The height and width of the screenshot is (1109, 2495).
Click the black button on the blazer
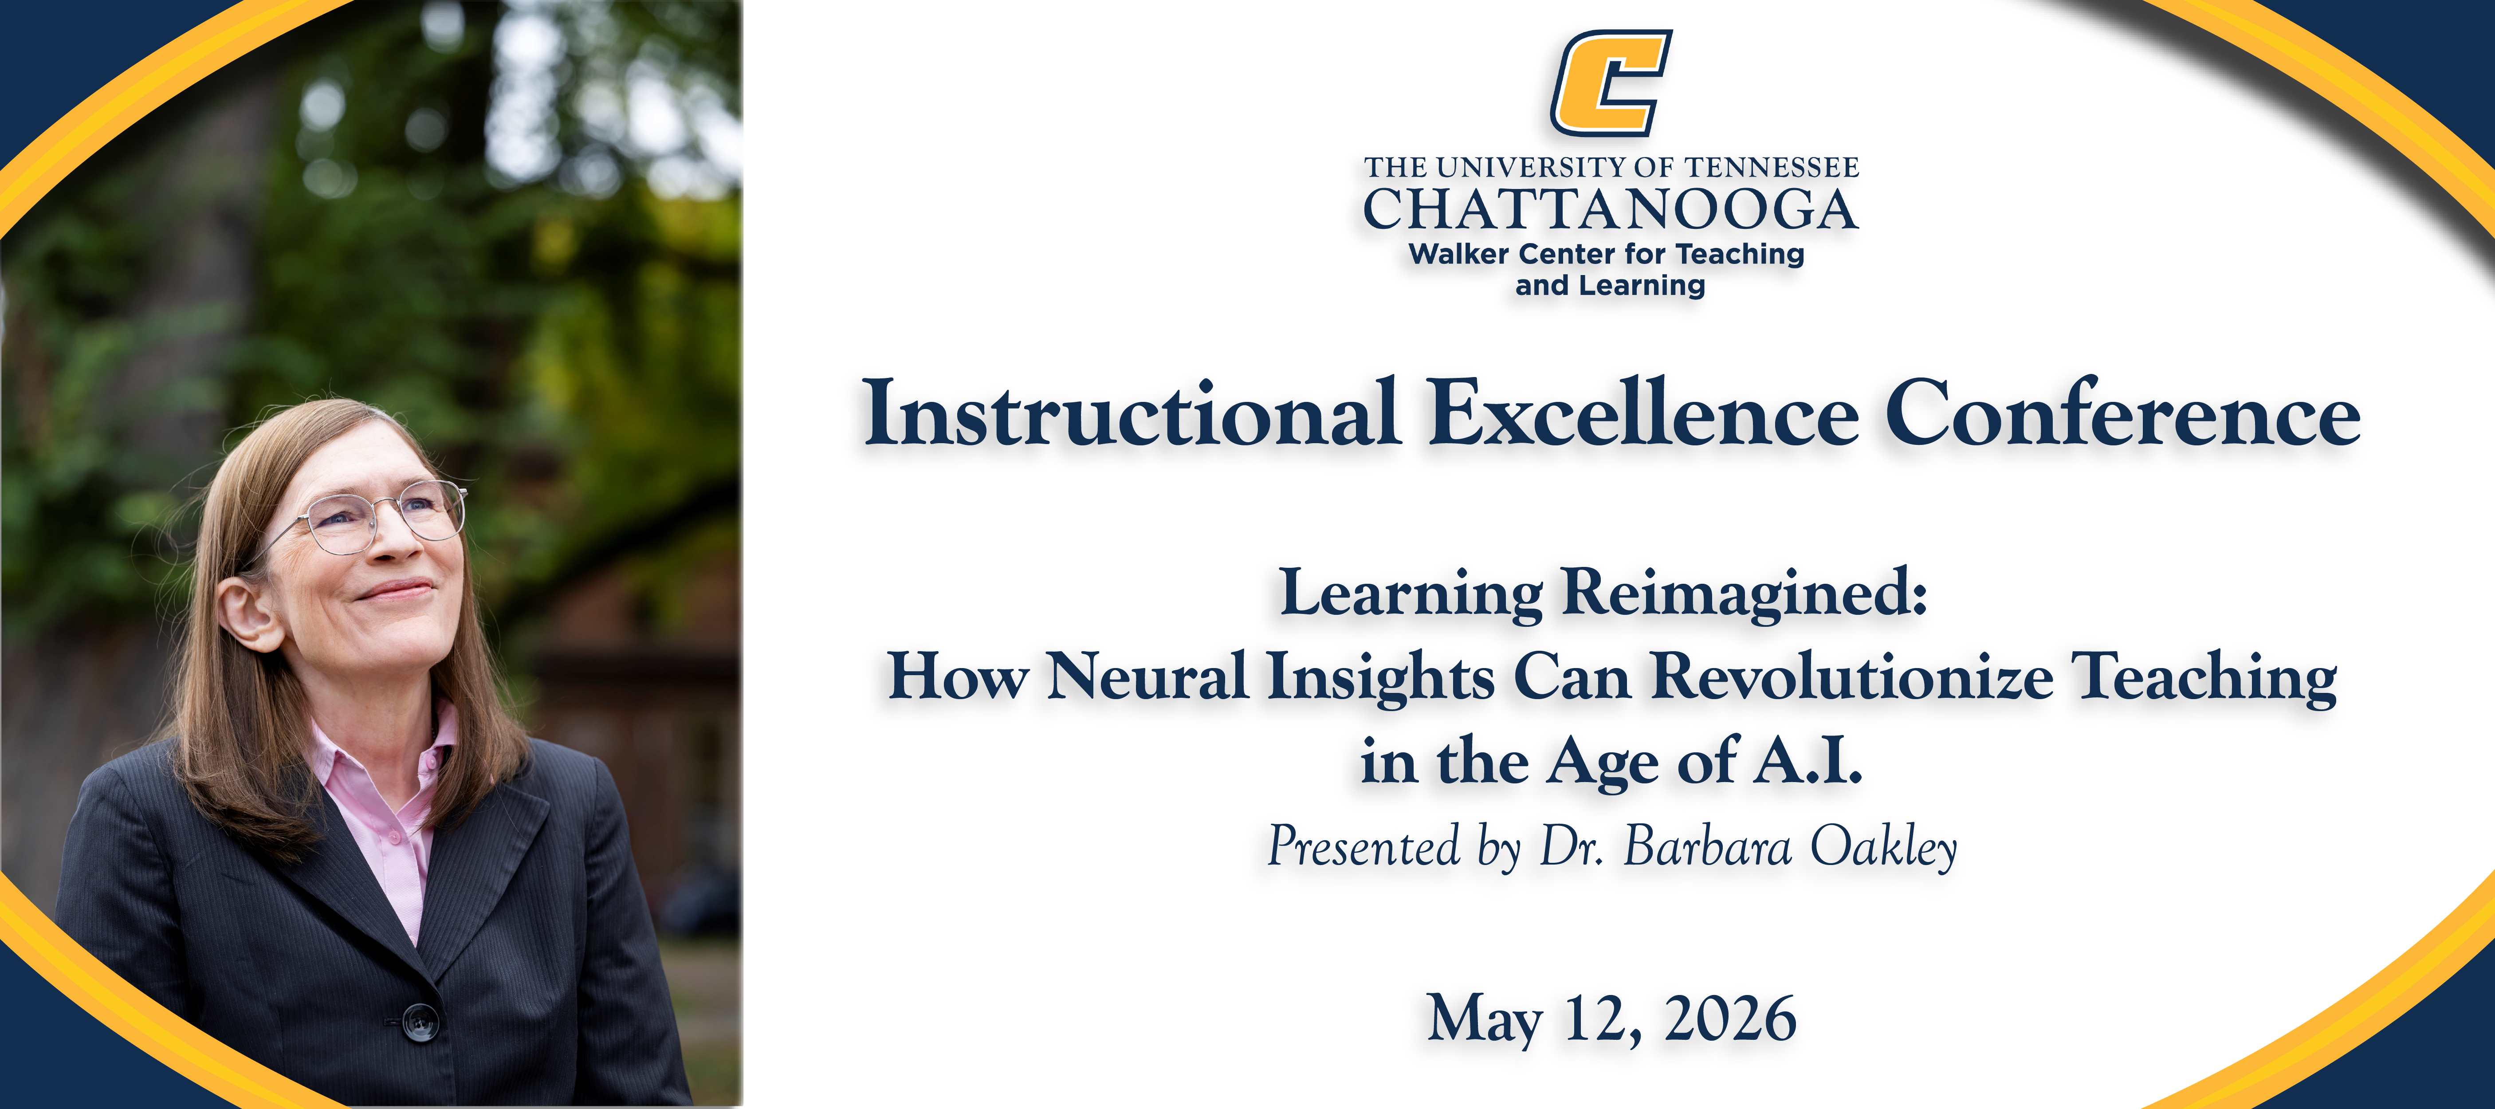420,1022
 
